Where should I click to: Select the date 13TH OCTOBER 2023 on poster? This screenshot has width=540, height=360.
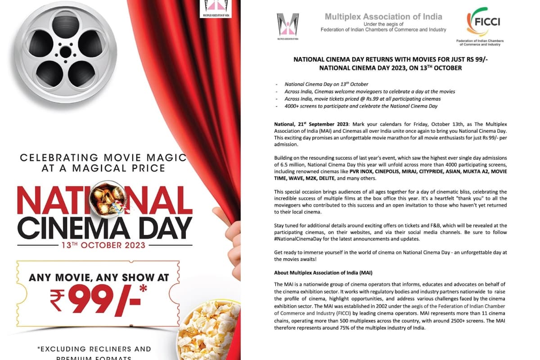104,245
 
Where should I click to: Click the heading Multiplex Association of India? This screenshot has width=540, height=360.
383,17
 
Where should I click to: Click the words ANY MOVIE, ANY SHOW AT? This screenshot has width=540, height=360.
99,277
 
